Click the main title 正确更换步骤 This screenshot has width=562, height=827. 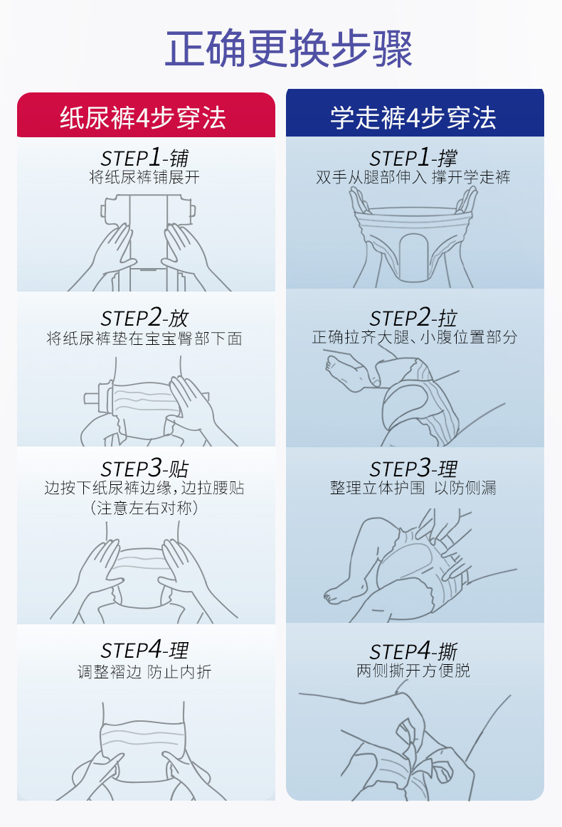point(288,49)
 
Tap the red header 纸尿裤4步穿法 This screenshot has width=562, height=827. point(143,117)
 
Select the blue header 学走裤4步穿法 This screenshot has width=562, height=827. point(413,117)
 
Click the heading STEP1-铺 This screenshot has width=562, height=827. point(144,158)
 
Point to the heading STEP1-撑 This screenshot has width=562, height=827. point(413,158)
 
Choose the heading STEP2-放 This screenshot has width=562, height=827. point(144,318)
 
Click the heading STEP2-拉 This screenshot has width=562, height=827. point(413,318)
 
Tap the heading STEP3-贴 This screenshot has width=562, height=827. point(144,469)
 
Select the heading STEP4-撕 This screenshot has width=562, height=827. point(413,651)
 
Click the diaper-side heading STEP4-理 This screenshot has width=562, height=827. point(144,651)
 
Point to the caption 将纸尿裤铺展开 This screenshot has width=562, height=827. point(144,177)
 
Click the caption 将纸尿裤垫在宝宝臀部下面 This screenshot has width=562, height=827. point(144,338)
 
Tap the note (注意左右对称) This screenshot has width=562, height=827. point(144,508)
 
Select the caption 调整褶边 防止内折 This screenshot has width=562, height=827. point(144,671)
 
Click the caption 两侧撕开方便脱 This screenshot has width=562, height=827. point(413,671)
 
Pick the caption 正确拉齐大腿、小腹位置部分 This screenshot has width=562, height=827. point(414,337)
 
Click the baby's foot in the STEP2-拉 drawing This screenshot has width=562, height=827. point(346,373)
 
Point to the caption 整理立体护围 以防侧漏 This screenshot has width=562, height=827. point(413,488)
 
